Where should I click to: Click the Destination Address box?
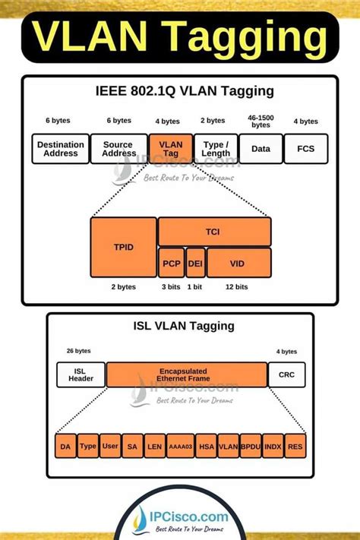(59, 148)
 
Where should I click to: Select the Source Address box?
(118, 148)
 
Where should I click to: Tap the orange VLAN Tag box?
(170, 148)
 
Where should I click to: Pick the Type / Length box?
(216, 148)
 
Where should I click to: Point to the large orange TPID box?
(122, 247)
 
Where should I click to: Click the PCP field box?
(170, 262)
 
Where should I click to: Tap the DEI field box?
(195, 262)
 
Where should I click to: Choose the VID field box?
(238, 262)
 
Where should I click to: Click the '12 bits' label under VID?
(236, 287)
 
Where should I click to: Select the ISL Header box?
(81, 375)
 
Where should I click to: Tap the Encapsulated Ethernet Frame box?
(186, 375)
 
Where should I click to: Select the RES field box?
(295, 447)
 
